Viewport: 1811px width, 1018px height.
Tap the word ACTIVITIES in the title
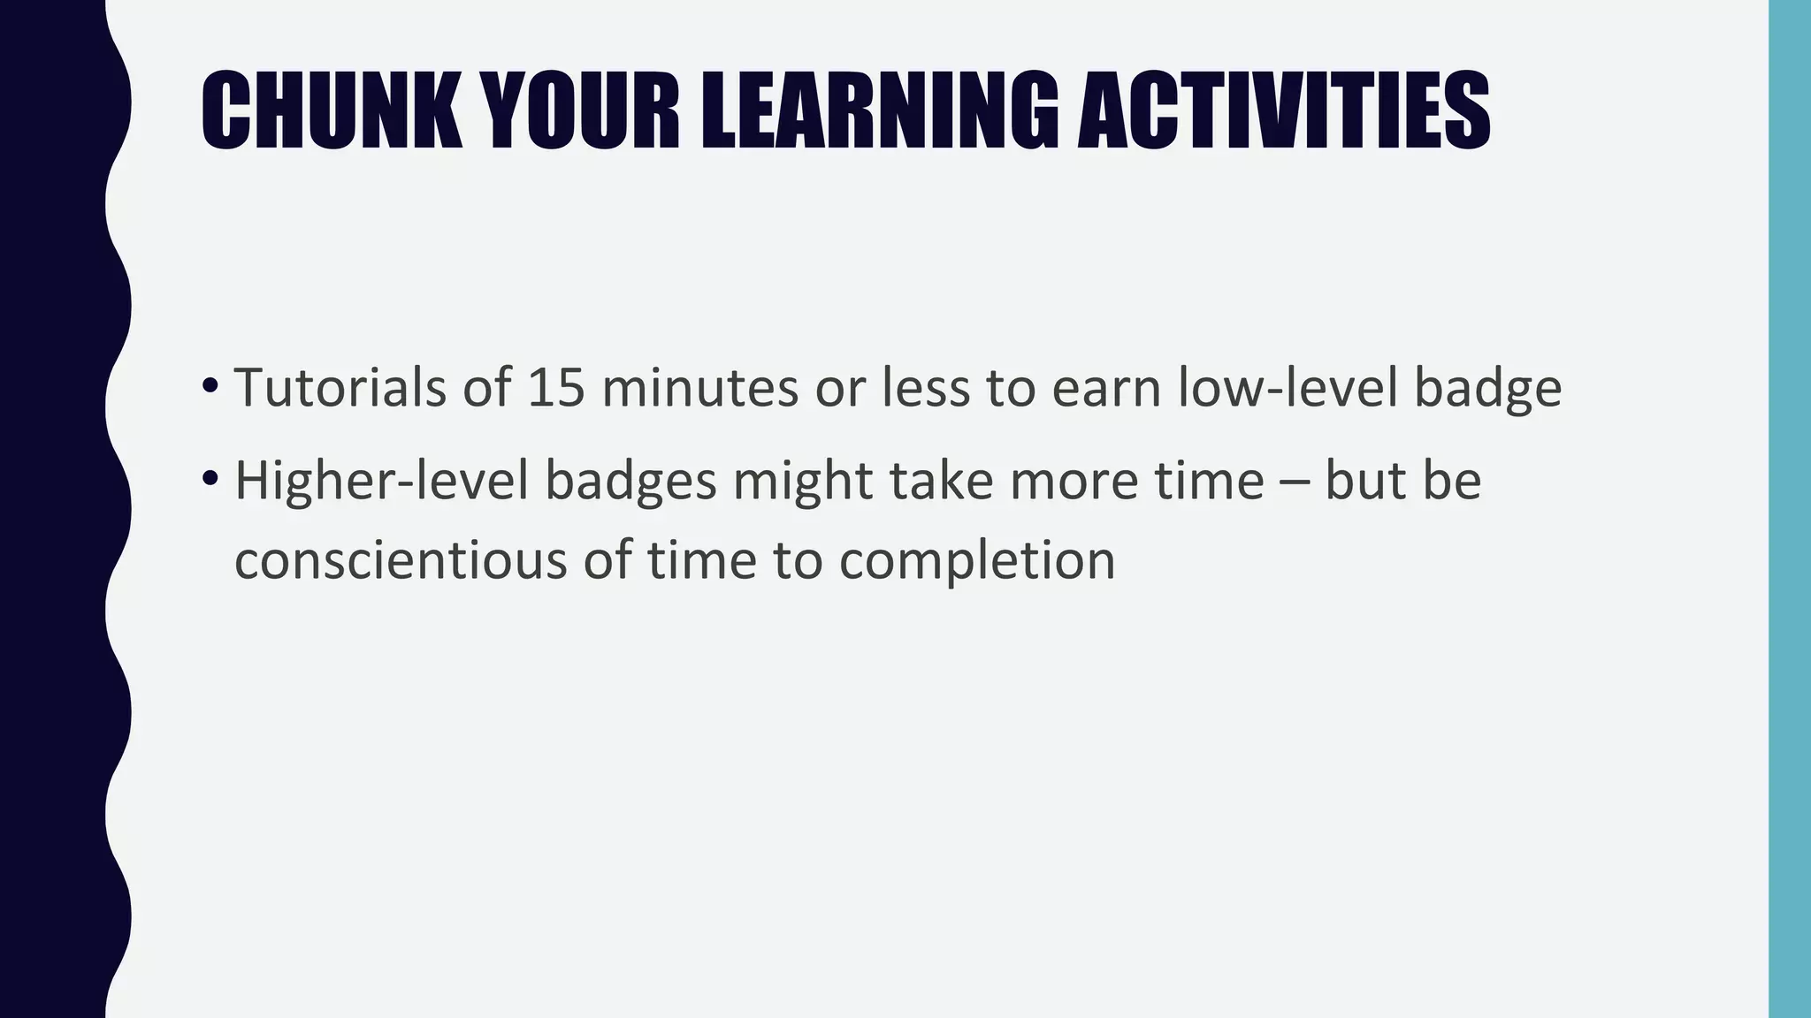point(1283,112)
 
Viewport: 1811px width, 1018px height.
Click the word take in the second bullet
point(941,482)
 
